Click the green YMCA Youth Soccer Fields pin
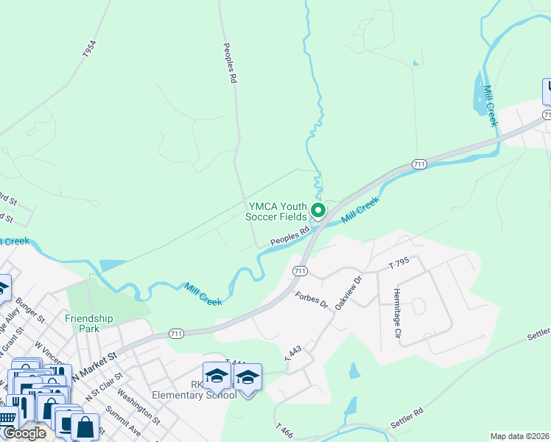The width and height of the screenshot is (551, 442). tap(318, 211)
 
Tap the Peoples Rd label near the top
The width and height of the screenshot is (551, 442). tap(230, 63)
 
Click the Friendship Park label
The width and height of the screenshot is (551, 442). tap(89, 323)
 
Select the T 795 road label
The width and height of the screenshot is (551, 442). tap(397, 262)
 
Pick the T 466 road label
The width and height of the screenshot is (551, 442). tap(285, 431)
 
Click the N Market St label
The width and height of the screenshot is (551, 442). tap(94, 366)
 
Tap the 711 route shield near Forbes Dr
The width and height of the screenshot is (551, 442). tap(300, 271)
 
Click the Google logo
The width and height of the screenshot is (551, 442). tap(24, 433)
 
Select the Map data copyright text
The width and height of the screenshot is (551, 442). tap(519, 436)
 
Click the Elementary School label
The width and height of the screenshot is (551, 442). tap(194, 395)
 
